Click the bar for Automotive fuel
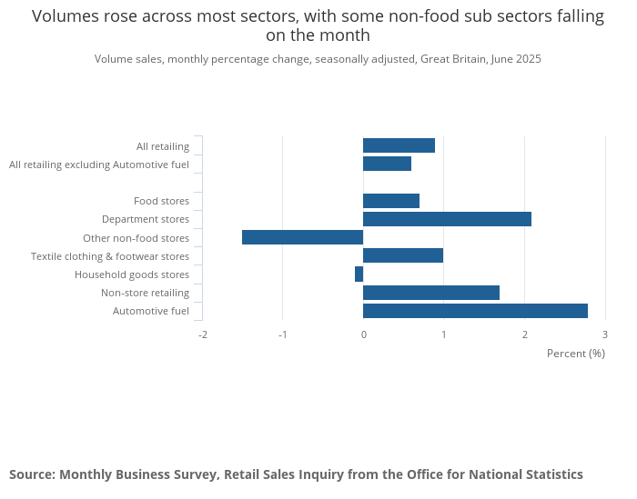click(x=475, y=311)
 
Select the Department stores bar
click(x=447, y=219)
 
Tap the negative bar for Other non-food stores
click(x=302, y=237)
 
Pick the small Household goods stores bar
click(x=359, y=274)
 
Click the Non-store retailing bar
click(x=431, y=293)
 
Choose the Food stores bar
click(x=391, y=201)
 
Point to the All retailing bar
click(x=399, y=145)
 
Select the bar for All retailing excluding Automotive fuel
click(x=387, y=164)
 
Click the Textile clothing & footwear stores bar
click(x=403, y=255)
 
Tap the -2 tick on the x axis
click(x=202, y=334)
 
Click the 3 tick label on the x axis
click(x=604, y=334)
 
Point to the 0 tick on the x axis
click(x=363, y=334)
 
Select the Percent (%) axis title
click(x=575, y=353)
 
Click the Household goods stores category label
click(x=132, y=274)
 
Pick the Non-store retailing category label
click(x=145, y=293)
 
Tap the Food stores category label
click(x=161, y=201)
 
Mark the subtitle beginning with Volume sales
click(x=318, y=59)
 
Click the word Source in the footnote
click(x=32, y=474)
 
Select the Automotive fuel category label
click(x=151, y=311)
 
